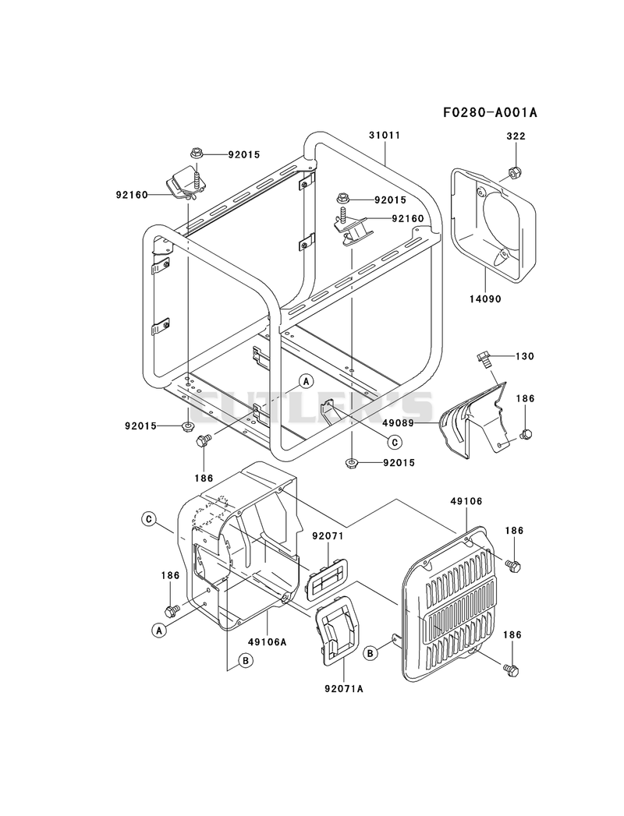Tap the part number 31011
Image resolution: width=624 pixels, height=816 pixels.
pos(385,136)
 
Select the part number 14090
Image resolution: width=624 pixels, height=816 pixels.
pos(485,299)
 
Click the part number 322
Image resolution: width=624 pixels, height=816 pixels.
pos(516,136)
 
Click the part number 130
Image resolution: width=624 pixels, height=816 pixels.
pos(524,356)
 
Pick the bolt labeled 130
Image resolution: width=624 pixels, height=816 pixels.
pos(483,359)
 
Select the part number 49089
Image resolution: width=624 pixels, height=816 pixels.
pos(398,423)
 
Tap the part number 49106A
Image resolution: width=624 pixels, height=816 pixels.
pos(268,642)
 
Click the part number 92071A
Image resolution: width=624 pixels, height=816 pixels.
pos(344,689)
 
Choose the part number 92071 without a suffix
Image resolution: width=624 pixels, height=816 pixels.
pos(328,536)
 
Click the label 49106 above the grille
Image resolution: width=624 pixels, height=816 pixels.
pos(466,502)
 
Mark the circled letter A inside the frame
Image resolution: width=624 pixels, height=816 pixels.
pos(306,381)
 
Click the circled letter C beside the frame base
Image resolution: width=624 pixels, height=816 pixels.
pos(395,443)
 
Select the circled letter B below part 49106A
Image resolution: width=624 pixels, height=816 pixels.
pos(246,660)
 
